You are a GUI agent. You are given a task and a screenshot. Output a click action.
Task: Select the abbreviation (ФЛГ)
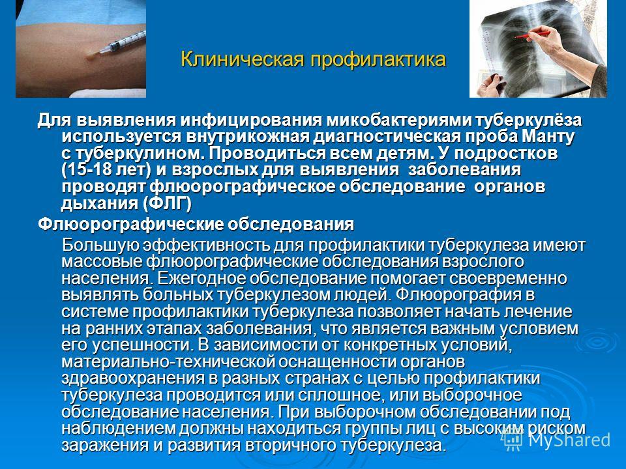click(167, 204)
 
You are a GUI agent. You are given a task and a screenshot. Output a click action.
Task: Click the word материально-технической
click(168, 362)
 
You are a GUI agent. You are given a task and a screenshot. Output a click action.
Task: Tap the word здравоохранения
click(136, 378)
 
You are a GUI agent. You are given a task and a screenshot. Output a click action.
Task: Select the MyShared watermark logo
click(556, 440)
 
